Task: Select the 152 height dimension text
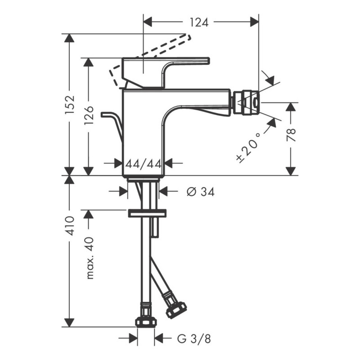point(69,104)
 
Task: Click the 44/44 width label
point(143,164)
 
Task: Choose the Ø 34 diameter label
point(200,192)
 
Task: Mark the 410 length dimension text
point(69,225)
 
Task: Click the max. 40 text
point(90,258)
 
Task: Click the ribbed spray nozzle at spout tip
point(246,103)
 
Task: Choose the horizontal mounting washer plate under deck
point(147,213)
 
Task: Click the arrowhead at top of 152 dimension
point(69,38)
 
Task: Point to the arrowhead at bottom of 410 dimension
point(69,322)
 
